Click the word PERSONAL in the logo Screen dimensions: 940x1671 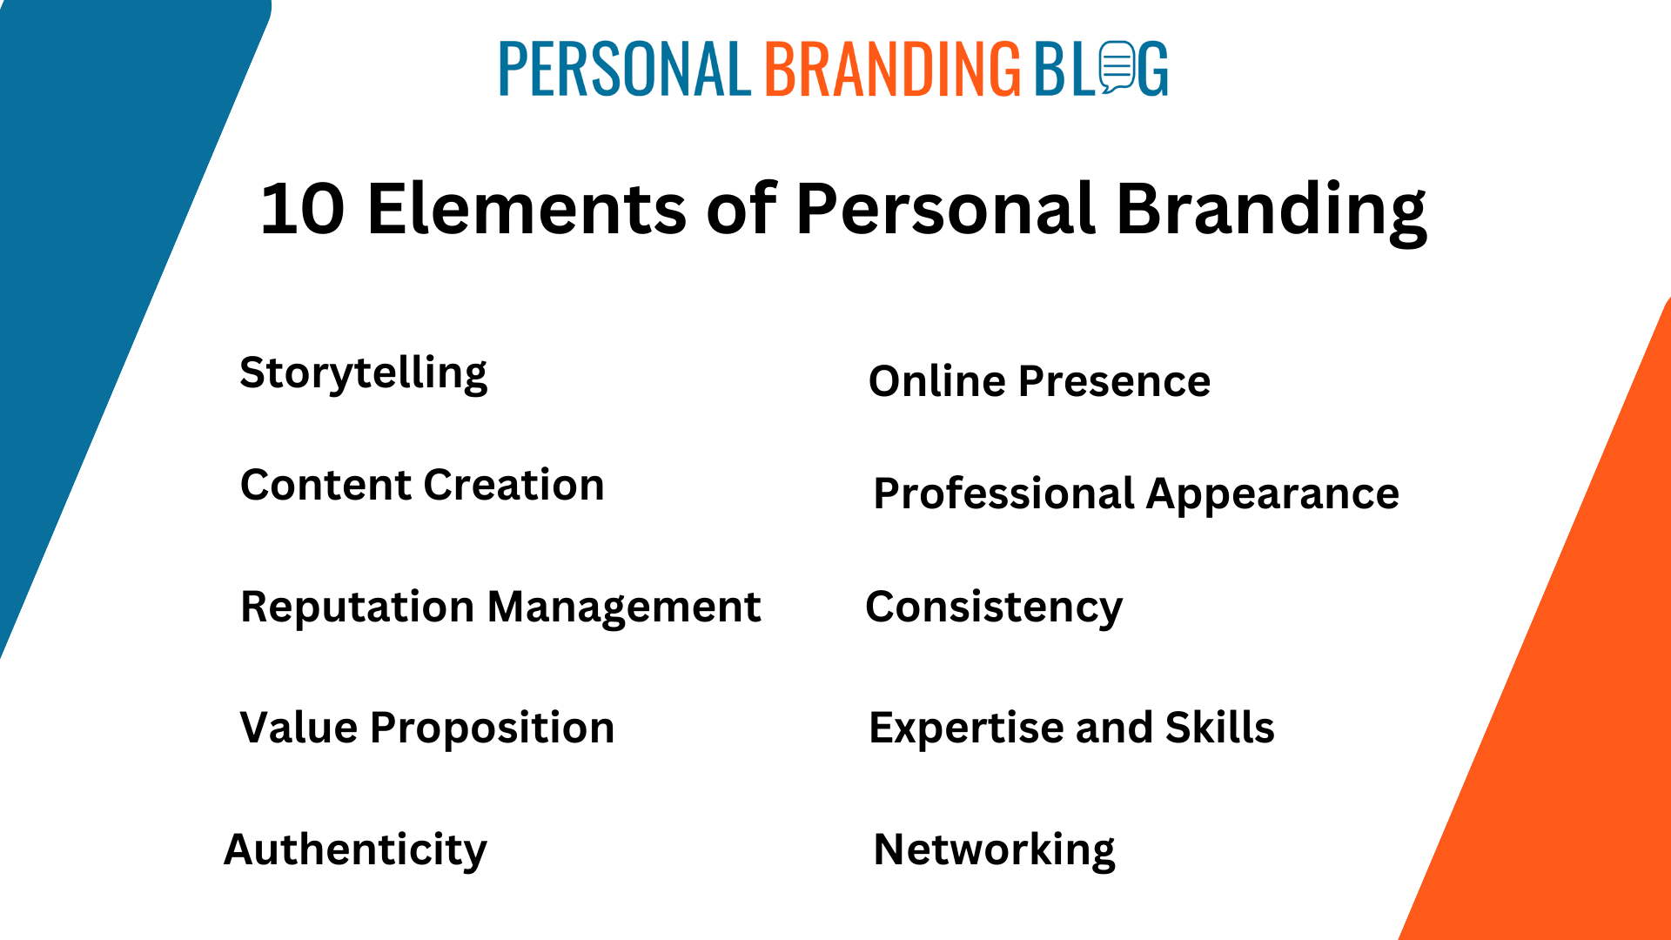624,69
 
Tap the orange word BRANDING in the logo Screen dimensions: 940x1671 892,69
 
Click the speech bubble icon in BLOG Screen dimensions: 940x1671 1117,67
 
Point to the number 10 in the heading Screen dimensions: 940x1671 302,210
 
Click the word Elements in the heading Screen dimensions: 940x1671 527,210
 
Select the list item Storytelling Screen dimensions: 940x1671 364,373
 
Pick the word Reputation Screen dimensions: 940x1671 357,608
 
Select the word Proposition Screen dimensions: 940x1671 493,728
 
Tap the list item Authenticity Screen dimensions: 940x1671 355,849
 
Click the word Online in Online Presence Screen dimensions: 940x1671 937,381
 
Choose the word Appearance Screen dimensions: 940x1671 1272,494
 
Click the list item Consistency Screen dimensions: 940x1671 994,608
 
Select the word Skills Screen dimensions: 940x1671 1220,728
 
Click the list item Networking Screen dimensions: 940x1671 994,849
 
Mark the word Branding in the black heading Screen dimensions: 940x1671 1272,210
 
